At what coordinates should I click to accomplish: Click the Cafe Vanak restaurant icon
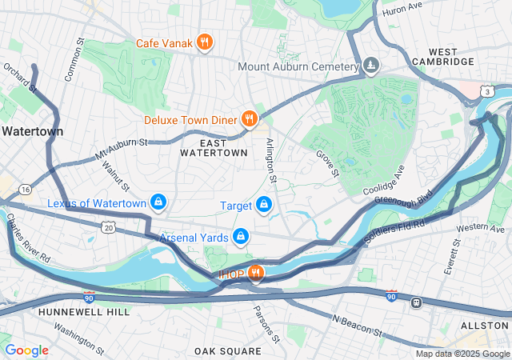pyautogui.click(x=204, y=42)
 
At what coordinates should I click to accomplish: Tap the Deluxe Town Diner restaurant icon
pyautogui.click(x=250, y=120)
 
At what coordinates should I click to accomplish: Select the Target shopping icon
pyautogui.click(x=262, y=206)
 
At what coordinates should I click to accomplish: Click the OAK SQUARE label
pyautogui.click(x=228, y=351)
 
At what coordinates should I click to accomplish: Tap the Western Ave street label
pyautogui.click(x=481, y=229)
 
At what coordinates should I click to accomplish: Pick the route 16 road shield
pyautogui.click(x=26, y=189)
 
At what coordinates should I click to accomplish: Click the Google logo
pyautogui.click(x=26, y=350)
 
